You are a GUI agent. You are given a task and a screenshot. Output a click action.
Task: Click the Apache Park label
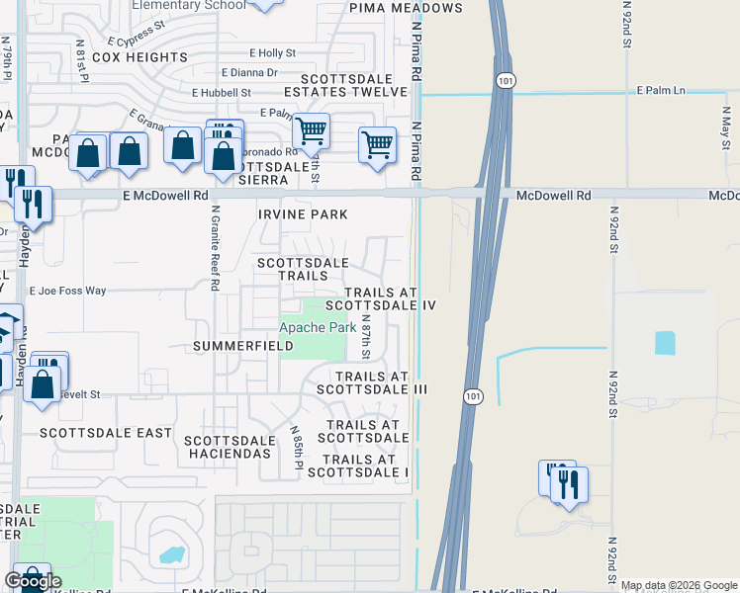point(317,327)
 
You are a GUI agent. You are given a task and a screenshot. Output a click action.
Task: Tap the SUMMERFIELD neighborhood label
point(243,347)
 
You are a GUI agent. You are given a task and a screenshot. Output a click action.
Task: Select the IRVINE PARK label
point(304,214)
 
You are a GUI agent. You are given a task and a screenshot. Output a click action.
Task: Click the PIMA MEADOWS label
point(406,8)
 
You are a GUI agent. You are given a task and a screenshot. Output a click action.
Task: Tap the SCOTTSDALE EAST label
point(106,433)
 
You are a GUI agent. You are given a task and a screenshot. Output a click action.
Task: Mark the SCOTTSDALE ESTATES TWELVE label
point(354,85)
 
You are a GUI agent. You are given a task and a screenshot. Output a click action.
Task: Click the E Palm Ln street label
point(661,90)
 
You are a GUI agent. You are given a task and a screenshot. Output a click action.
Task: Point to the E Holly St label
point(273,52)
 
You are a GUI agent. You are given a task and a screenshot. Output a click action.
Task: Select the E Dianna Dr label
point(249,72)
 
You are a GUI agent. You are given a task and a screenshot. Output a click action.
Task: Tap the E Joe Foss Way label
point(67,292)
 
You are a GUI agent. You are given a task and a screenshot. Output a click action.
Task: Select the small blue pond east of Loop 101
point(664,343)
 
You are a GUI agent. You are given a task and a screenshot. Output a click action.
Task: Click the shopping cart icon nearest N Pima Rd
point(377,144)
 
